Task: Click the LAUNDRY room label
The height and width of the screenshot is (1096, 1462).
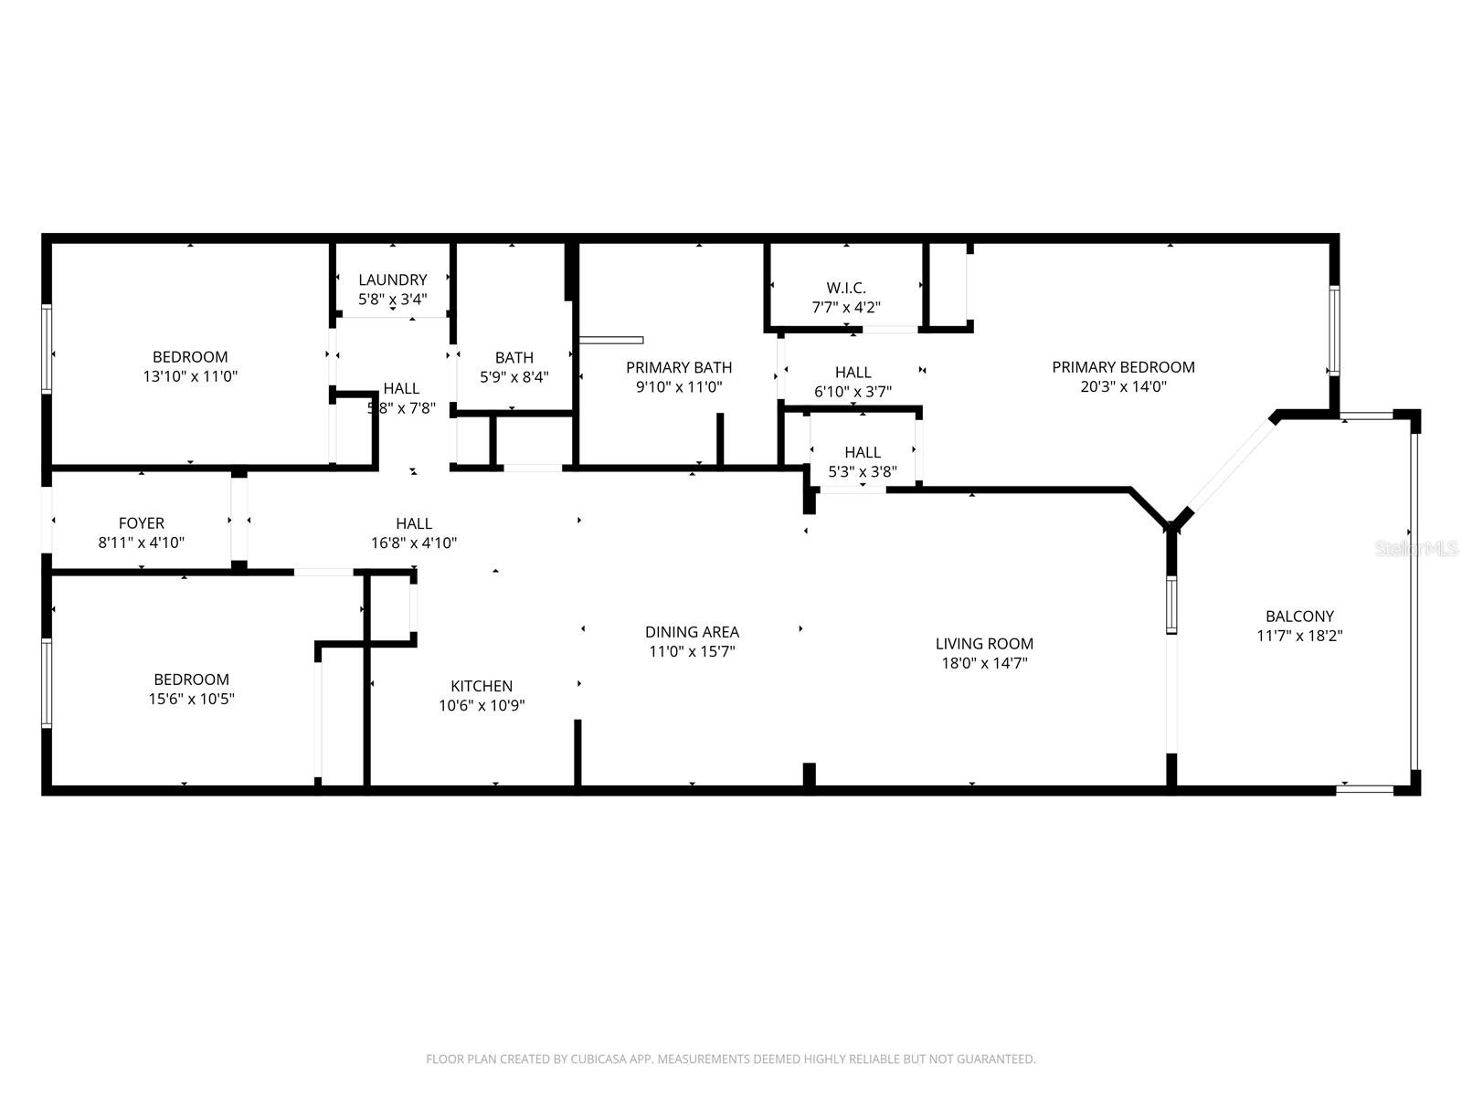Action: [x=392, y=279]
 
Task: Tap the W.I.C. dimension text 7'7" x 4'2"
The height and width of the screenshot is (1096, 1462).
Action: [x=846, y=308]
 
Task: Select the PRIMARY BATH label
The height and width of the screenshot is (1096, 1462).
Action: [x=679, y=367]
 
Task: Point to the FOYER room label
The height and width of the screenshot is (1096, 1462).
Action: [x=142, y=523]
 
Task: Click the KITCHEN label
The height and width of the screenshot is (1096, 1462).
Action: [x=482, y=686]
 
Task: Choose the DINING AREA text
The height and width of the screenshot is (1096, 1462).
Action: [x=692, y=632]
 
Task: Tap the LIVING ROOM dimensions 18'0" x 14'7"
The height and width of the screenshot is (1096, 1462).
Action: [x=984, y=663]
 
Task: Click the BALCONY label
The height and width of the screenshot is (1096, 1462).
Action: [x=1299, y=616]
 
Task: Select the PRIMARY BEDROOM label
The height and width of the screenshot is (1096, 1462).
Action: [x=1123, y=367]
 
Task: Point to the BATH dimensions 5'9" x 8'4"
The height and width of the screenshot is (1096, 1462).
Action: [x=514, y=376]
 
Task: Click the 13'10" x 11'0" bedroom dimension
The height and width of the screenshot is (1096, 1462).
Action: [x=190, y=376]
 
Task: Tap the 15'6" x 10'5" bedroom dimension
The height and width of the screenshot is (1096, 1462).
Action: [x=191, y=699]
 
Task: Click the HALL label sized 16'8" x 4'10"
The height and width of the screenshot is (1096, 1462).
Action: [x=414, y=523]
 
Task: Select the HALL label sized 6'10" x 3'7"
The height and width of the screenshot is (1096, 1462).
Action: [x=853, y=373]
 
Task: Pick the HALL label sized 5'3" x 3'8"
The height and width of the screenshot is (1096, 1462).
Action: [x=862, y=452]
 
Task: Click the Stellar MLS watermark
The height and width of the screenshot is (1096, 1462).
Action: [x=1416, y=549]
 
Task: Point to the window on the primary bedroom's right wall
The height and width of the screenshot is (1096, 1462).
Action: [x=1333, y=331]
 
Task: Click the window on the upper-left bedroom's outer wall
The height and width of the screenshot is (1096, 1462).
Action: [x=47, y=349]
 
